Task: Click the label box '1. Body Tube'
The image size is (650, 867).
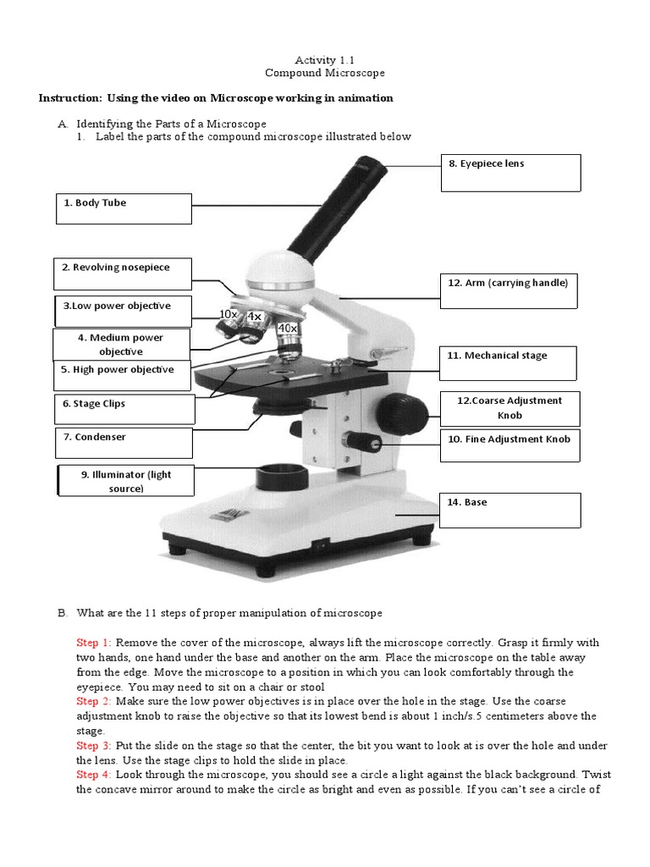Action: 124,208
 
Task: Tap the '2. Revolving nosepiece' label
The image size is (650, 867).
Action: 124,273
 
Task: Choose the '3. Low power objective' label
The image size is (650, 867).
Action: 124,311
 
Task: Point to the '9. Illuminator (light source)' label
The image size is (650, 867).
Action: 125,482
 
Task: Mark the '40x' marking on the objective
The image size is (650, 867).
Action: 288,328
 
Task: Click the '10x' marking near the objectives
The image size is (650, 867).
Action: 228,314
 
